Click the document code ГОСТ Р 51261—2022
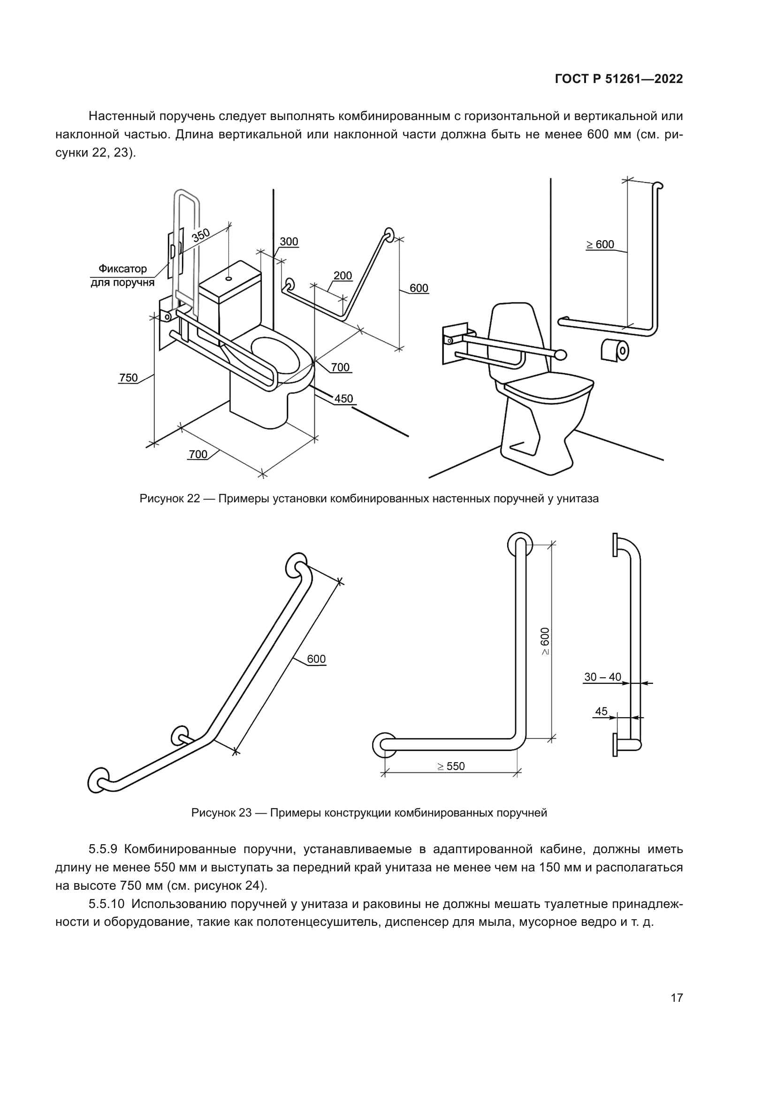coord(619,79)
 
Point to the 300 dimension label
coord(289,242)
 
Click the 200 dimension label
coord(342,276)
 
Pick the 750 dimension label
coord(128,378)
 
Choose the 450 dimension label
coord(343,399)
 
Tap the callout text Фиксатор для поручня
coord(123,276)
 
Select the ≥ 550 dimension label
coord(450,766)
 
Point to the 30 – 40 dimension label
coord(602,677)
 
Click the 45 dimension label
coord(601,711)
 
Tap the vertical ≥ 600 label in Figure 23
coord(545,642)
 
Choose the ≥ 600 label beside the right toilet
coord(600,245)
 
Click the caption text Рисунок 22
coord(170,499)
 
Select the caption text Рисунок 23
coord(221,813)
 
